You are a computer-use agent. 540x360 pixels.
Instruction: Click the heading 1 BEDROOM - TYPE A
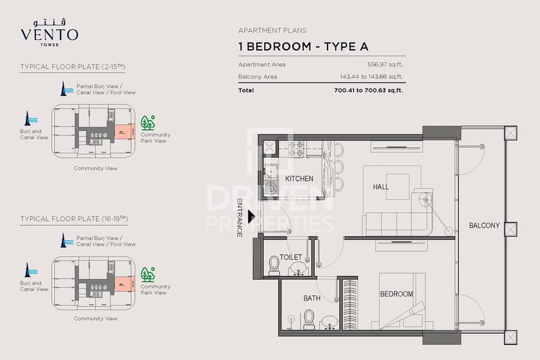click(x=303, y=46)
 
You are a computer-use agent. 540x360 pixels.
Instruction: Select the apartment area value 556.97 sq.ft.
click(x=385, y=64)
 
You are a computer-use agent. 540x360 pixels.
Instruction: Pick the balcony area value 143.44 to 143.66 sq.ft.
click(x=371, y=77)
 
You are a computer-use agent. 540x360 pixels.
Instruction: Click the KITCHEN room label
click(x=299, y=179)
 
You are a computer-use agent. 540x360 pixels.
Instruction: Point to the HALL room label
click(x=380, y=187)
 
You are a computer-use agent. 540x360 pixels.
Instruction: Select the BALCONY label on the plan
click(x=484, y=226)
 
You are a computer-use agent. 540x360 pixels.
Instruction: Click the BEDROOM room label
click(x=396, y=294)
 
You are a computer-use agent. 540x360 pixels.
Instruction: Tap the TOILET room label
click(x=290, y=257)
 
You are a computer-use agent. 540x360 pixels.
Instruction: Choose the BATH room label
click(x=311, y=298)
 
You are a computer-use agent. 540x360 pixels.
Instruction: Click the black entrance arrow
click(x=252, y=216)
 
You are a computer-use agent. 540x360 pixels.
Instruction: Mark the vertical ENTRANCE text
click(x=240, y=217)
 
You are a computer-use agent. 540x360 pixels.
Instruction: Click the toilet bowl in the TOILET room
click(x=274, y=264)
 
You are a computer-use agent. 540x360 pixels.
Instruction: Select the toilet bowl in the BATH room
click(x=309, y=318)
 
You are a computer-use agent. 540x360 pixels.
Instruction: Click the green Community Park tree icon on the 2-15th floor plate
click(x=148, y=122)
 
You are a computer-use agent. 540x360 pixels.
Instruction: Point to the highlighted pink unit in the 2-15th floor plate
click(x=124, y=130)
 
